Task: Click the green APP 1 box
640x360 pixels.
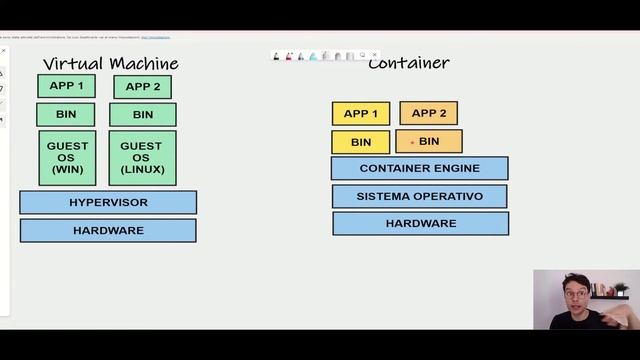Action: pyautogui.click(x=66, y=86)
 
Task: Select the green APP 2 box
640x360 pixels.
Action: pyautogui.click(x=142, y=87)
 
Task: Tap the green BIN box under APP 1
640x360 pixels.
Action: pyautogui.click(x=66, y=114)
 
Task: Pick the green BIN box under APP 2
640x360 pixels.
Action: pyautogui.click(x=143, y=114)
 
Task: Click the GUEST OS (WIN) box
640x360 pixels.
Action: pyautogui.click(x=68, y=157)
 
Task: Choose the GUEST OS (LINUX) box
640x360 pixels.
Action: pyautogui.click(x=142, y=157)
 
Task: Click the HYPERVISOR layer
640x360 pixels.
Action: pyautogui.click(x=108, y=202)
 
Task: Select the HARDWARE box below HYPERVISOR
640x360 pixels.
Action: pyautogui.click(x=108, y=230)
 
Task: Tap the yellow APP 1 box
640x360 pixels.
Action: pyautogui.click(x=360, y=114)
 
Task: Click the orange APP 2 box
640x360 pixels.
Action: pyautogui.click(x=428, y=113)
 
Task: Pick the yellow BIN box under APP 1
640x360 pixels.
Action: pyautogui.click(x=361, y=142)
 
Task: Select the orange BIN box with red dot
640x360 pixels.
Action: pyautogui.click(x=429, y=141)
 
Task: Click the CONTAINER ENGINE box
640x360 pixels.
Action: pyautogui.click(x=419, y=168)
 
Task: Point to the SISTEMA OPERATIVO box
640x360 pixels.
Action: pyautogui.click(x=419, y=196)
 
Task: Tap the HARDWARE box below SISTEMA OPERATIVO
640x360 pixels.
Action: pyautogui.click(x=420, y=223)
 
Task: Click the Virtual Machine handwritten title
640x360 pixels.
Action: pyautogui.click(x=110, y=64)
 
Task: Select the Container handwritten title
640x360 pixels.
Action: pyautogui.click(x=408, y=63)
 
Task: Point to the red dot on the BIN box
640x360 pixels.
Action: pyautogui.click(x=412, y=142)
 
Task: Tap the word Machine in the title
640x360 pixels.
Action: pyautogui.click(x=144, y=64)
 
